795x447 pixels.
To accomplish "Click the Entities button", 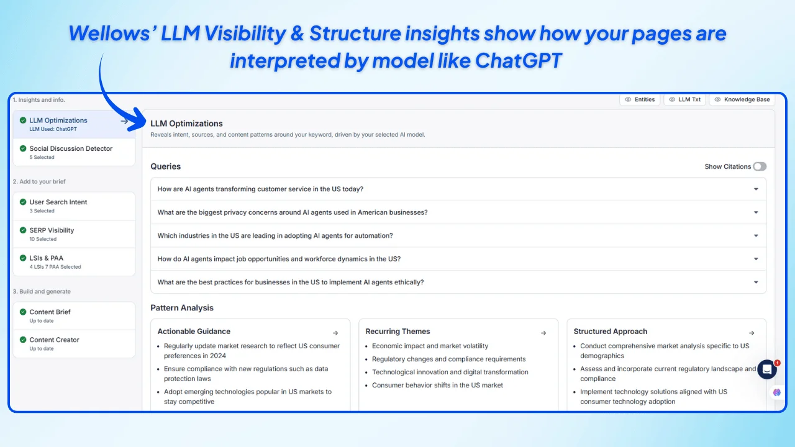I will [x=640, y=99].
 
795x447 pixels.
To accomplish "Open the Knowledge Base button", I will [x=742, y=99].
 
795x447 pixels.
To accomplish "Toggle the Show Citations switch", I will [x=759, y=166].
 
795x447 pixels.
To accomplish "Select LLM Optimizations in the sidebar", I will [x=58, y=120].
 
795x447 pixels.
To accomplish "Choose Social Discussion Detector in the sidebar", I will [x=71, y=149].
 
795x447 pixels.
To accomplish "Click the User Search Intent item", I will [x=58, y=202].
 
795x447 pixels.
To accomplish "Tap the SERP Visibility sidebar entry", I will [x=52, y=230].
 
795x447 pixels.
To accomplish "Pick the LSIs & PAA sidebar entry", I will [x=46, y=258].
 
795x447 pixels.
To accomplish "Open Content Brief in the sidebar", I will [x=50, y=312].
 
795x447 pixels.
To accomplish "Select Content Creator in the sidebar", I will [x=54, y=340].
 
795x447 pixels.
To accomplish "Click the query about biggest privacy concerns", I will [x=293, y=212].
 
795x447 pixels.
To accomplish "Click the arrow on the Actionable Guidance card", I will [x=335, y=333].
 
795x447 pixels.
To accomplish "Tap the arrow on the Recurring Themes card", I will [x=543, y=333].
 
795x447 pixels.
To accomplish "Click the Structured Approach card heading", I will [x=610, y=332].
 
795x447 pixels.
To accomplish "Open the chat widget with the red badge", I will [x=767, y=369].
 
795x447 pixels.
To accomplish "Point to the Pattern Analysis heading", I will [x=182, y=308].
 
